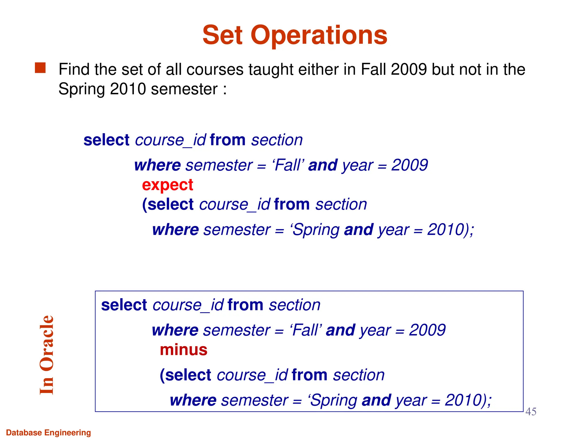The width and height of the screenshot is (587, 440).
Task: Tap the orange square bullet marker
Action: pyautogui.click(x=40, y=68)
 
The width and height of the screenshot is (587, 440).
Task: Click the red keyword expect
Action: pyautogui.click(x=167, y=185)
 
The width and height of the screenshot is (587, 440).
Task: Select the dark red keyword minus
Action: pyautogui.click(x=183, y=350)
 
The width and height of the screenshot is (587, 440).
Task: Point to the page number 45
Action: pyautogui.click(x=531, y=412)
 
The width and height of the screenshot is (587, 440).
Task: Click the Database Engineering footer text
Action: pyautogui.click(x=48, y=432)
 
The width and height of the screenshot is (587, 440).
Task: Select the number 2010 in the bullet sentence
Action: pyautogui.click(x=128, y=89)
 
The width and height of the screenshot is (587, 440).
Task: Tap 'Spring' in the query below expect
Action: pyautogui.click(x=315, y=230)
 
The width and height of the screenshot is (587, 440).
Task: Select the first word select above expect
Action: pyautogui.click(x=107, y=140)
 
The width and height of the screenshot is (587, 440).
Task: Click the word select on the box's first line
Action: pyautogui.click(x=124, y=305)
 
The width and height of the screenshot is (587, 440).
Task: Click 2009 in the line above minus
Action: pyautogui.click(x=427, y=330)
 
